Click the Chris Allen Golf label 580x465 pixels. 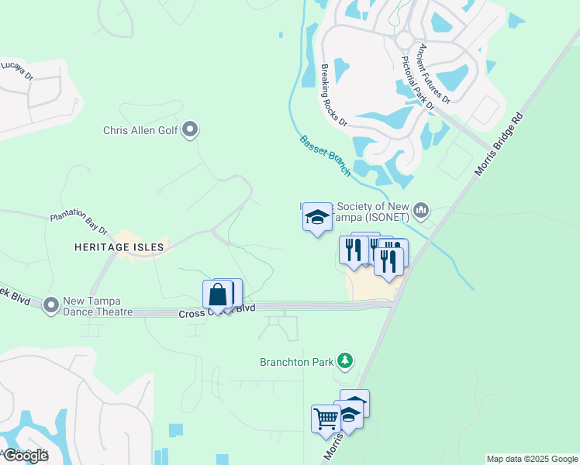click(x=140, y=130)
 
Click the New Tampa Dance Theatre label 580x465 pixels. click(x=98, y=306)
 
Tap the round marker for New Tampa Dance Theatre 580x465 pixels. click(x=51, y=305)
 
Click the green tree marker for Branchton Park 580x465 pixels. click(x=346, y=361)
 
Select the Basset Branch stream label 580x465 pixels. click(x=325, y=154)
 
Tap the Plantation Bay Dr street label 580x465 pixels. click(x=78, y=225)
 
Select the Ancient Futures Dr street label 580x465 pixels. click(x=433, y=74)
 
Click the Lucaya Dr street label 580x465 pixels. click(x=17, y=71)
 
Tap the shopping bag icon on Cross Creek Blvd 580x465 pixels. click(x=218, y=294)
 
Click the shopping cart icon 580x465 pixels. click(x=326, y=418)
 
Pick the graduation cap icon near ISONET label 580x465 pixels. click(x=316, y=217)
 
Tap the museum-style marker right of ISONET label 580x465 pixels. click(x=421, y=209)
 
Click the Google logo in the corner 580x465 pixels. click(x=25, y=456)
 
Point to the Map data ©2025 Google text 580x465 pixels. click(x=532, y=459)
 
